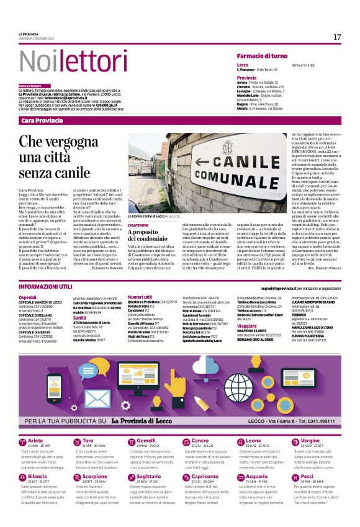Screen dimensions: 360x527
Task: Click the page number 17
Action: tap(337, 37)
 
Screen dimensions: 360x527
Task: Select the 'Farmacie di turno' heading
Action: tap(269, 56)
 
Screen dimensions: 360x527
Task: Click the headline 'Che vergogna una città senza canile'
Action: tap(63, 157)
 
